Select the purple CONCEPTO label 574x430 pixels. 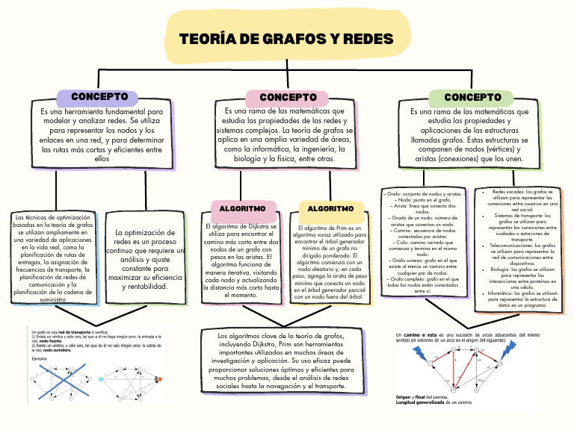point(99,97)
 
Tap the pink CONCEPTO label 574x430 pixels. point(288,97)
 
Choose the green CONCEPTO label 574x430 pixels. point(472,97)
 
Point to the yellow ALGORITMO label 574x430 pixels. point(331,208)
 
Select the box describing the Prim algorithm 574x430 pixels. point(330,263)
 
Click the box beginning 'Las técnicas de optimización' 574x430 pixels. point(53,259)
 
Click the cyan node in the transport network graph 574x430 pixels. point(101,379)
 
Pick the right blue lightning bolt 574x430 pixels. point(510,348)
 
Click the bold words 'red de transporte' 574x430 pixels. point(76,331)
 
